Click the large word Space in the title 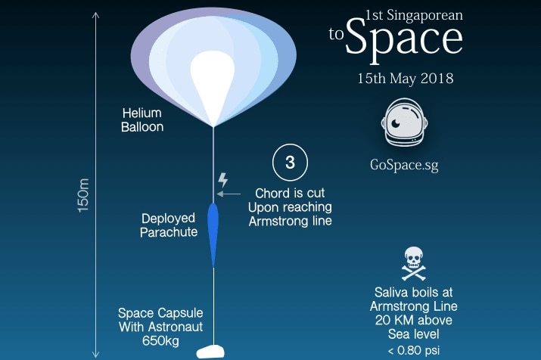[x=404, y=40]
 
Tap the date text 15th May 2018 [x=405, y=79]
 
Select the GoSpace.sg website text [x=404, y=165]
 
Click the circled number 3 [x=290, y=163]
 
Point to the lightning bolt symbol [x=223, y=180]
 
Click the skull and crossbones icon [x=413, y=263]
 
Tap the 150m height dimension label [x=83, y=196]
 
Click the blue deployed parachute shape [x=213, y=235]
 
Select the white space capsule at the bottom [x=211, y=352]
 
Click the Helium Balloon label [x=142, y=120]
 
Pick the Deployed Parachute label [x=169, y=225]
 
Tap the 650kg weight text [x=160, y=341]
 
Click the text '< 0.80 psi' [x=414, y=351]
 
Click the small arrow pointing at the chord [x=229, y=194]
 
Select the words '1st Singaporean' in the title [x=414, y=16]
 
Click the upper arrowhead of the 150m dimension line [x=96, y=15]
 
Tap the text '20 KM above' [x=414, y=320]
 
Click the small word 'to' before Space [x=336, y=34]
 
